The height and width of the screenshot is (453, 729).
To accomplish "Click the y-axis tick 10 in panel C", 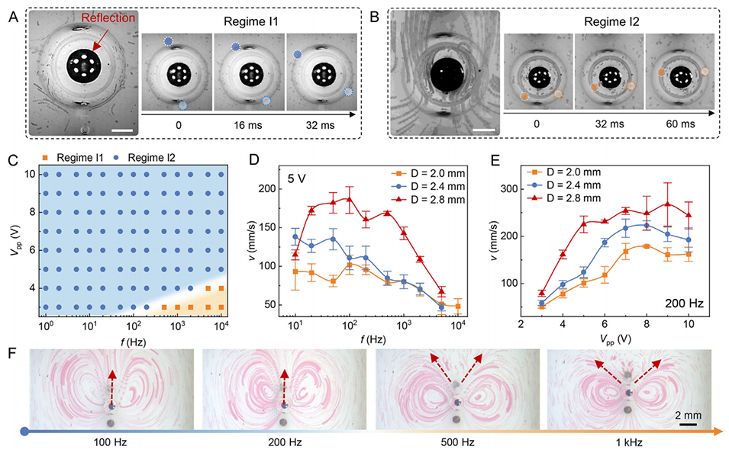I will (x=30, y=175).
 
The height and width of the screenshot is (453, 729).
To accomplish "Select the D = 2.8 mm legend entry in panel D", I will (x=424, y=206).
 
